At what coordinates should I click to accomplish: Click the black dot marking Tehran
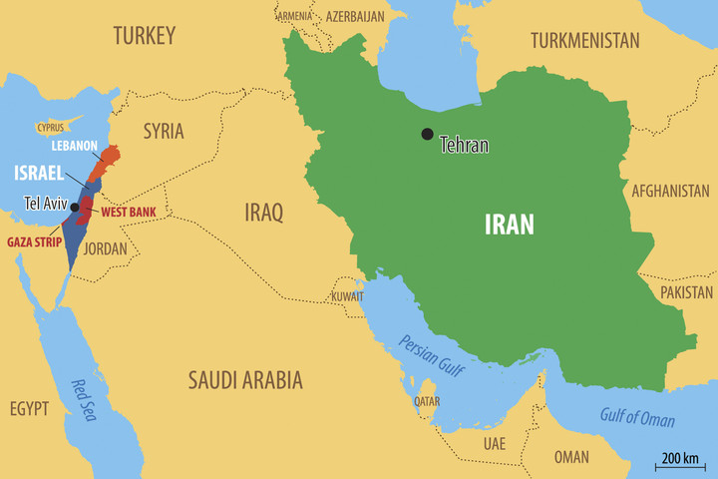pos(427,134)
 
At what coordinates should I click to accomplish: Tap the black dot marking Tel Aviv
pos(75,207)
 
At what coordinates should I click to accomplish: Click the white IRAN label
pos(509,225)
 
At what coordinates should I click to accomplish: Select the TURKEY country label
pos(144,36)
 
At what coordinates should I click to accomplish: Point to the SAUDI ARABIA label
pos(245,379)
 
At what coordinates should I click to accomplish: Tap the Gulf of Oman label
pos(636,417)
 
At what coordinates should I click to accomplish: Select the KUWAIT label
pos(348,296)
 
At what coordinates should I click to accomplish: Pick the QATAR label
pos(427,401)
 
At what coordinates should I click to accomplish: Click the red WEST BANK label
pos(129,213)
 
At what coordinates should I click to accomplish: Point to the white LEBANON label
pos(75,146)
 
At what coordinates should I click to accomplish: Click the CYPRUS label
pos(50,128)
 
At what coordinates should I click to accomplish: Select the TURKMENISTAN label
pos(584,41)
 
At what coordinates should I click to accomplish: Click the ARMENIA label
pos(294,16)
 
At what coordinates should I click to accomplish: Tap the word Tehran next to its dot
pos(464,145)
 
